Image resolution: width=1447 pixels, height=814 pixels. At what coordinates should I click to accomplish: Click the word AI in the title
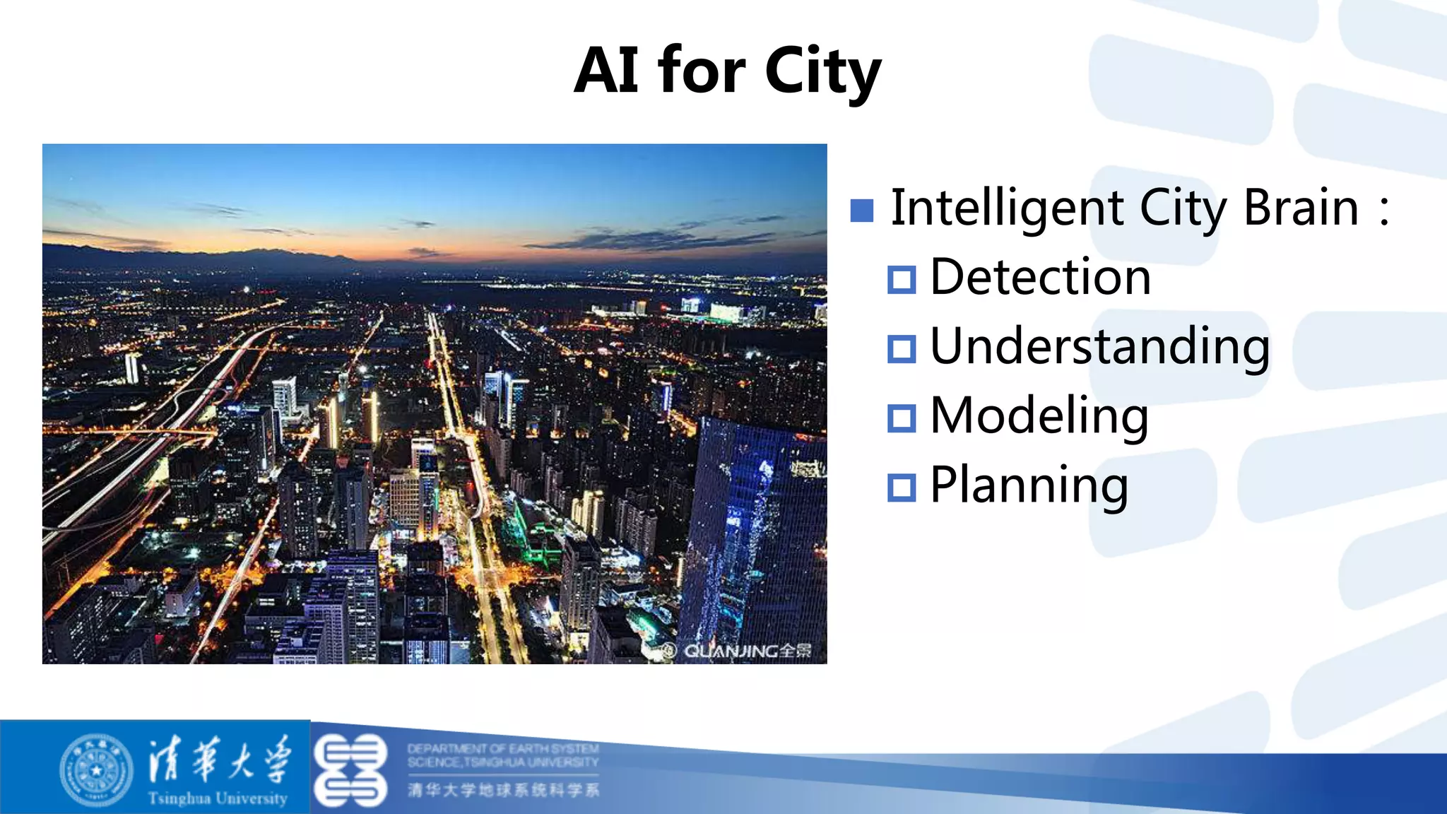606,71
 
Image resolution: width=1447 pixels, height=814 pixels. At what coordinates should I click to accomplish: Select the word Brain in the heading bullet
1301,208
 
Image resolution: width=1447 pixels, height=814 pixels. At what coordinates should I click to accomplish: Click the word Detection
1040,277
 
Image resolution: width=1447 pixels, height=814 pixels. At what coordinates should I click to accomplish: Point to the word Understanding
1099,347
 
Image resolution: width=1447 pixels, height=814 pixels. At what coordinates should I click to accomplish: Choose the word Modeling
1039,416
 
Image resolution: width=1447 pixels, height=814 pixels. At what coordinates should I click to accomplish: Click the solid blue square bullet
862,210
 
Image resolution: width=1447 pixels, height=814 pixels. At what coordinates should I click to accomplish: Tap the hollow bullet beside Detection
902,280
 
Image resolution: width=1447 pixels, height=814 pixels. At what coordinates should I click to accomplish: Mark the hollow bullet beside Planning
902,488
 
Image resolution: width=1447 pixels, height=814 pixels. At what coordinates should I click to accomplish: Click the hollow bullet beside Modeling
902,418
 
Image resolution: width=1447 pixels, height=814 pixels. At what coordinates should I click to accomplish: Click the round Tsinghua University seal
97,769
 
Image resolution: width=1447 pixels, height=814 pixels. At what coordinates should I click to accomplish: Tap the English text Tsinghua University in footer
218,798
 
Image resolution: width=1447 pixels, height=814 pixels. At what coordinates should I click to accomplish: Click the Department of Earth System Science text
502,755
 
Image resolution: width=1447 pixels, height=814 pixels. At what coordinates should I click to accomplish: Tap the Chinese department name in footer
503,790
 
